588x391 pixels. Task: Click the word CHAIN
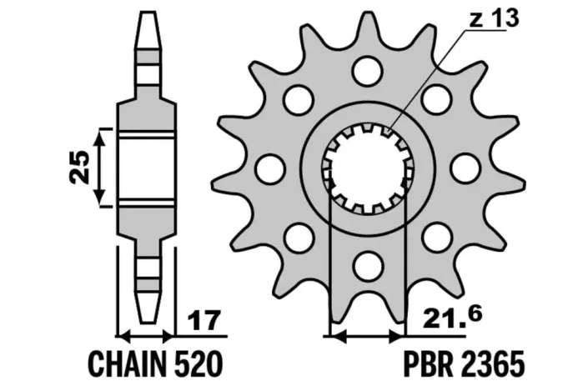click(127, 363)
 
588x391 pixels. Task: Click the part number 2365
click(490, 363)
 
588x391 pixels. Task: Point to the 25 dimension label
click(80, 168)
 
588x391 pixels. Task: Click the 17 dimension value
click(204, 321)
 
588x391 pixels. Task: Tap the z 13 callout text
click(495, 18)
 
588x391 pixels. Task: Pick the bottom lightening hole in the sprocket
click(369, 265)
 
